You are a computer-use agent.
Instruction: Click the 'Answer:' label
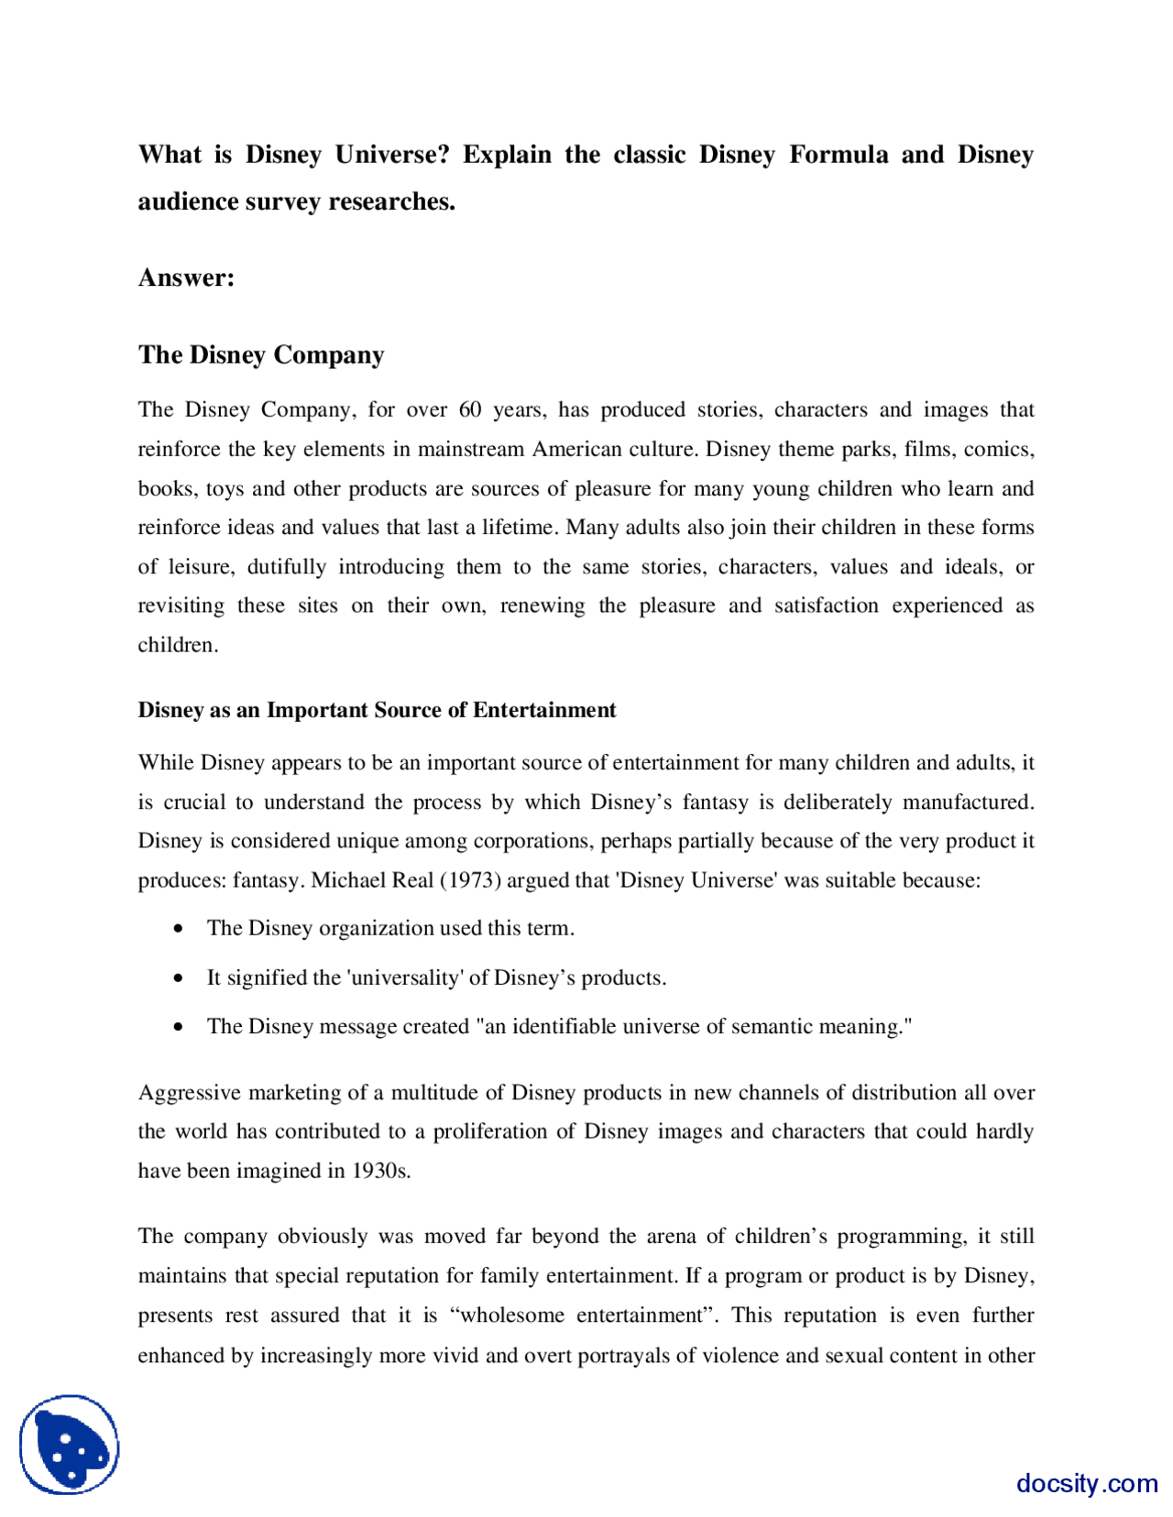(x=186, y=278)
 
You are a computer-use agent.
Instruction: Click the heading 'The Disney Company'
(x=261, y=355)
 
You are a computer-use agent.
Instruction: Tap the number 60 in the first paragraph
(x=470, y=409)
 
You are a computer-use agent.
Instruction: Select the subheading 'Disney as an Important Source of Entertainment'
(x=377, y=710)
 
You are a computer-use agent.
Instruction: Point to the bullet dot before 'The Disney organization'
(x=178, y=929)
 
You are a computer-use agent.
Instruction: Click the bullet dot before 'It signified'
(x=178, y=978)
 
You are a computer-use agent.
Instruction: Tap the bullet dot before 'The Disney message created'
(x=178, y=1027)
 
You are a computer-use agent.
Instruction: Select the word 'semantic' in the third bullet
(x=775, y=1026)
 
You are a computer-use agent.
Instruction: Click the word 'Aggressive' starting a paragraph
(x=190, y=1093)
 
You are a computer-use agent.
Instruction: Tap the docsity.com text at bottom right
(x=1086, y=1483)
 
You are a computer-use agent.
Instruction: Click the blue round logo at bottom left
(x=70, y=1445)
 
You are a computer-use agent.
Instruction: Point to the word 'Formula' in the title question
(x=839, y=155)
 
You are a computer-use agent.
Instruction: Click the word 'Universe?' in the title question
(x=391, y=155)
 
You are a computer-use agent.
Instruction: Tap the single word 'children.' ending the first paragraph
(x=178, y=645)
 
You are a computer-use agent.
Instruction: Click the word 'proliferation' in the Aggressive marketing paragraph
(x=495, y=1131)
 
